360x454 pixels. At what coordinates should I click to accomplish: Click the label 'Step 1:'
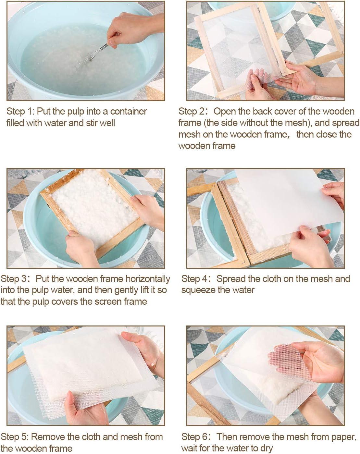click(x=20, y=111)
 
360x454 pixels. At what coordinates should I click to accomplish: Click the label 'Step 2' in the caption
click(x=191, y=111)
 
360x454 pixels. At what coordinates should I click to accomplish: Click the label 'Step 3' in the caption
click(x=13, y=279)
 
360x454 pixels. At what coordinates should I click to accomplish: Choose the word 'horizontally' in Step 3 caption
click(x=148, y=279)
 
